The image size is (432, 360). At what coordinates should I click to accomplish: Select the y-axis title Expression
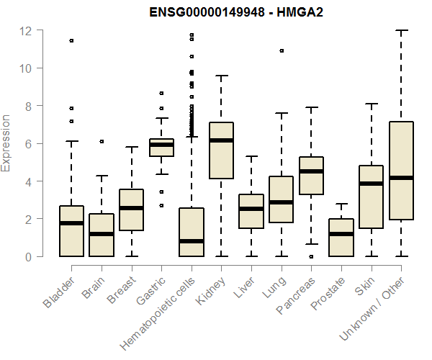click(7, 143)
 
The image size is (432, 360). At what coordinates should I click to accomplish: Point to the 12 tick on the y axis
click(43, 30)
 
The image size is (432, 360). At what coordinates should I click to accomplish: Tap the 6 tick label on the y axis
click(27, 143)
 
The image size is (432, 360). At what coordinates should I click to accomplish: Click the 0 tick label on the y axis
click(27, 256)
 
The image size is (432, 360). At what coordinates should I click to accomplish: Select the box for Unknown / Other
click(401, 171)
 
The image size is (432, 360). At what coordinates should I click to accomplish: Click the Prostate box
click(341, 237)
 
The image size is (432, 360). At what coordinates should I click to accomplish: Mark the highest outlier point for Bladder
click(71, 40)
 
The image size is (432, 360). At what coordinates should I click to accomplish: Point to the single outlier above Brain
click(102, 141)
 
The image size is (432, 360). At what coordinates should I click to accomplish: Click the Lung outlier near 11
click(282, 50)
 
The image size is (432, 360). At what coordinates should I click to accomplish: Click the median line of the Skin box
click(372, 184)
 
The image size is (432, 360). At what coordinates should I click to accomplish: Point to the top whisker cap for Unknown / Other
click(401, 30)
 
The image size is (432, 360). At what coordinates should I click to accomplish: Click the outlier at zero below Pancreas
click(311, 256)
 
